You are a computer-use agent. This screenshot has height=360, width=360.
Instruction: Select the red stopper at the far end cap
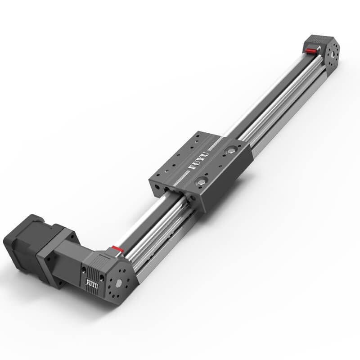click(310, 50)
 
